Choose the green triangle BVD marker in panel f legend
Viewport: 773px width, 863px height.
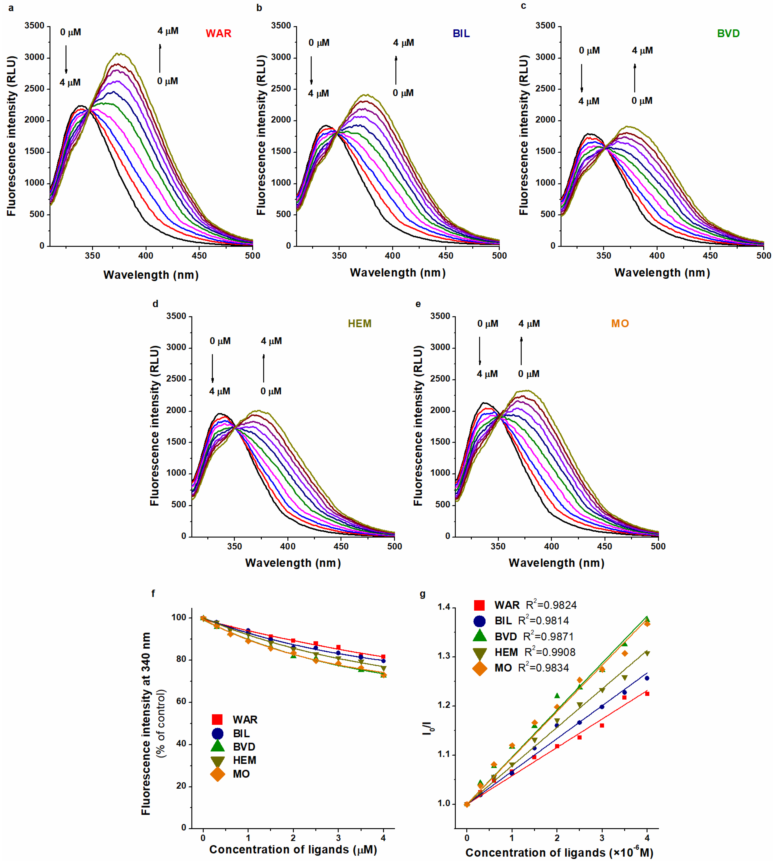218,746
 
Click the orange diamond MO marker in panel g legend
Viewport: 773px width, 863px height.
480,668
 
